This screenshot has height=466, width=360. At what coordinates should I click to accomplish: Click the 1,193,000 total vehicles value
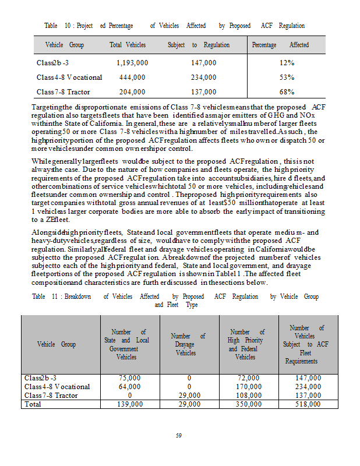pos(132,62)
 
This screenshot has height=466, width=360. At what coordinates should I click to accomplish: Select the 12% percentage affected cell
pos(287,62)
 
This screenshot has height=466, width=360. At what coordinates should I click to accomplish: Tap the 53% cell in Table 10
pos(287,77)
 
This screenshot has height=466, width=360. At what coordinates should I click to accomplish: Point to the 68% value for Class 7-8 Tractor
pos(287,92)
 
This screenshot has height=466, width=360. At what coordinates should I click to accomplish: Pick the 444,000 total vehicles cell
pos(132,77)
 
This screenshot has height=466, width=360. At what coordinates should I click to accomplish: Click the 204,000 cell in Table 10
pos(132,92)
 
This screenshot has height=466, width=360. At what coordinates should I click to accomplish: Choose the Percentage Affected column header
pos(280,45)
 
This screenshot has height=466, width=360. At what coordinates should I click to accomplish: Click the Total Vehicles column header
pos(128,45)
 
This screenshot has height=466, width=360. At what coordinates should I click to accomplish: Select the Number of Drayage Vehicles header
pos(188,344)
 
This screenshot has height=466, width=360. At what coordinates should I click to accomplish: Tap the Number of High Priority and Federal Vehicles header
pos(246,344)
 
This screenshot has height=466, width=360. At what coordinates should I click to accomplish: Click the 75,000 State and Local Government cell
pos(129,379)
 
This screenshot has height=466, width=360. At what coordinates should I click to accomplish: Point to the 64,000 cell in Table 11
pos(129,387)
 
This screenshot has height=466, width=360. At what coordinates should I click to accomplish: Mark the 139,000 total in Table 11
pos(129,404)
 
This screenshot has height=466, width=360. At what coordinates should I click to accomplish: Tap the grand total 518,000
pos(308,404)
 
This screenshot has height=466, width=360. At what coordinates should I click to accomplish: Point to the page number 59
pos(179,435)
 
